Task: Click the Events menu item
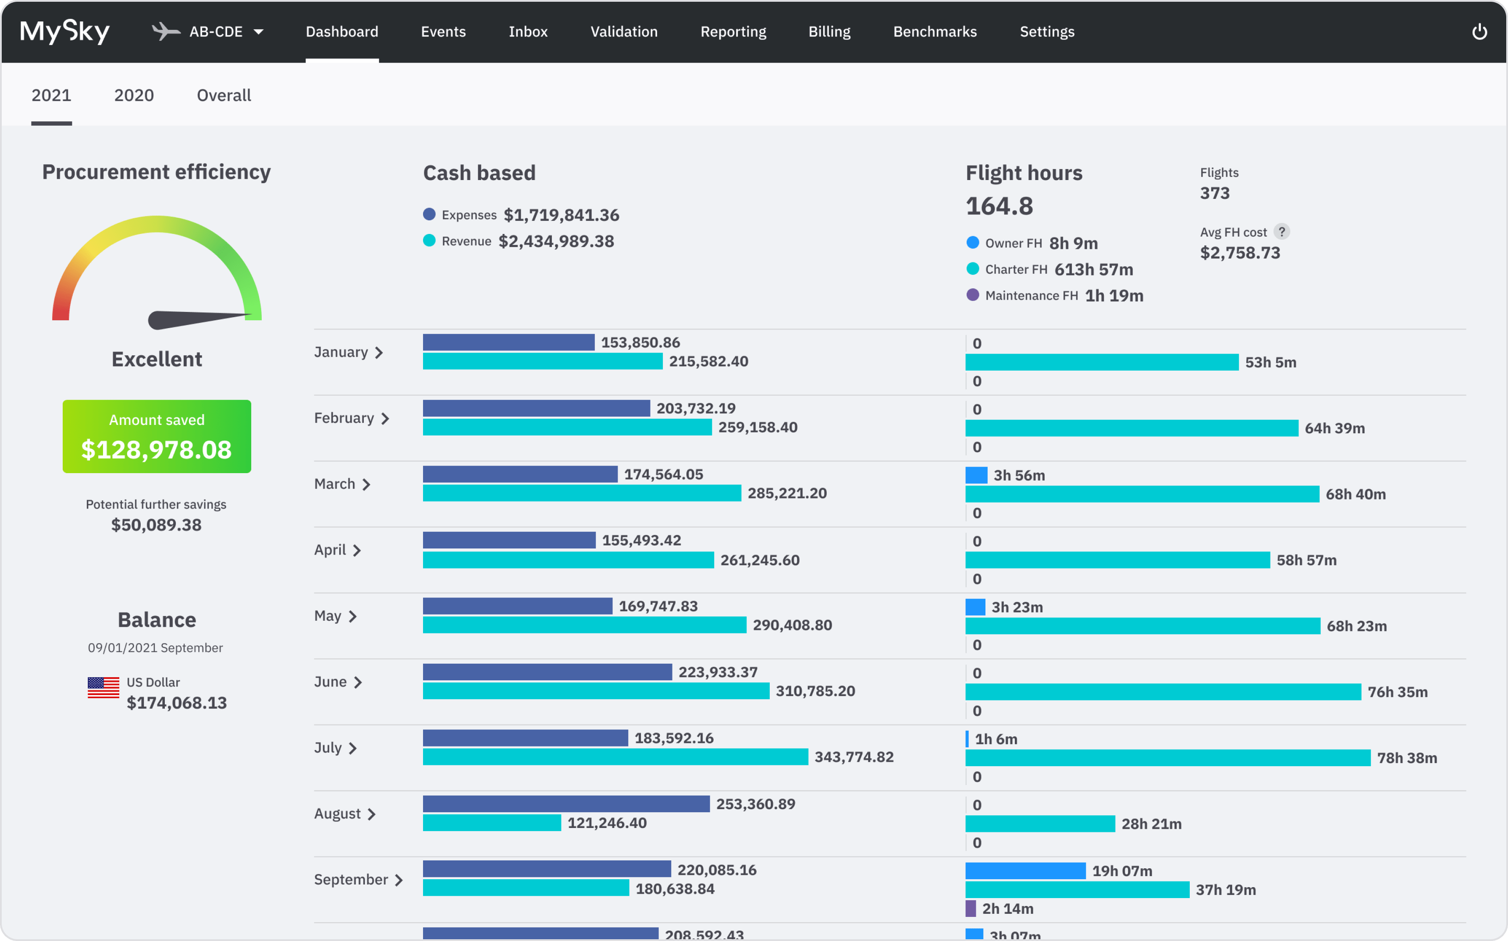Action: [443, 32]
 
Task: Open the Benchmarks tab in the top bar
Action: [935, 32]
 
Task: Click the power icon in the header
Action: [1480, 32]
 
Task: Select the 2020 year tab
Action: [134, 95]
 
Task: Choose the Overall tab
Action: [224, 95]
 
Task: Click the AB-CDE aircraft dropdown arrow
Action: [258, 32]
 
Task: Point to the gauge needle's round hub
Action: [157, 320]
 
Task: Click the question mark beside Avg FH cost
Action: [1281, 231]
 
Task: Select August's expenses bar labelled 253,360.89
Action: [565, 803]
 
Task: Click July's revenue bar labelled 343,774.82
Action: [615, 757]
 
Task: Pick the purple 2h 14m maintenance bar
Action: [970, 908]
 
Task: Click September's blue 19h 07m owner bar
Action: [1025, 870]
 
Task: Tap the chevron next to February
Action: [385, 419]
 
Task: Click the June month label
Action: [330, 682]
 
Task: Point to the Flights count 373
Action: [1214, 193]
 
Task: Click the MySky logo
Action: [65, 32]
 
